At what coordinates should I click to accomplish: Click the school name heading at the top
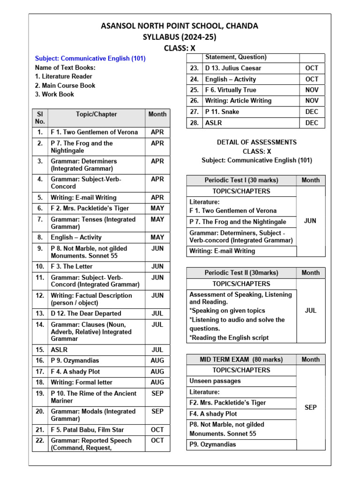[180, 26]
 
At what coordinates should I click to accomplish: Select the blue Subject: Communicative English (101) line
[90, 59]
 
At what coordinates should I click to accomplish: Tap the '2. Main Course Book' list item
[65, 85]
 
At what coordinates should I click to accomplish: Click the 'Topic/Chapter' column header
[96, 114]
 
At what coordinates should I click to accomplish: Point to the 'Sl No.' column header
[40, 118]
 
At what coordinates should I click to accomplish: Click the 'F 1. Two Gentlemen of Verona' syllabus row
[94, 132]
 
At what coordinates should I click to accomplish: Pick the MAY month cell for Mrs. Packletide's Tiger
[157, 208]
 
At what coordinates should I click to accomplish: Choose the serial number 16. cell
[40, 360]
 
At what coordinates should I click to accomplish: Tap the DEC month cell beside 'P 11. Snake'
[311, 112]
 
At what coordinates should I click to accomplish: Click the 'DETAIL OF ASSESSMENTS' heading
[256, 142]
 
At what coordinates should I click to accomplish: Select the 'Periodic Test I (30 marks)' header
[241, 180]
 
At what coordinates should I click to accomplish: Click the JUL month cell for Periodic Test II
[311, 310]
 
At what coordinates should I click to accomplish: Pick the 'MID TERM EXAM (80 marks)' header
[241, 360]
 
